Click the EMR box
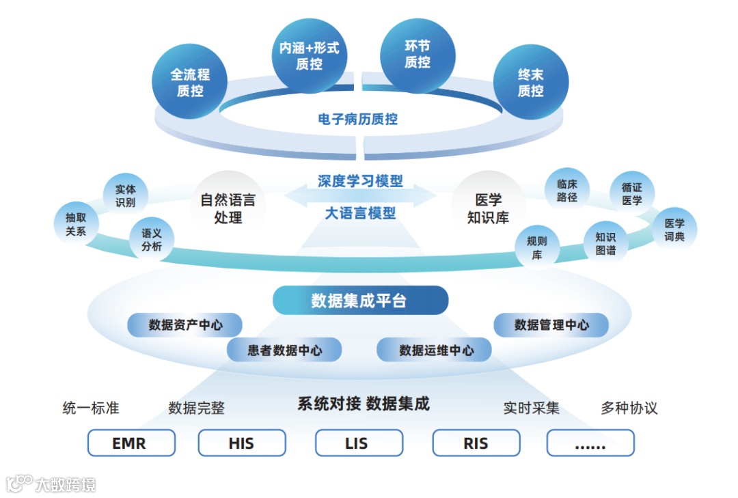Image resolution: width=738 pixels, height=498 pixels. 131,443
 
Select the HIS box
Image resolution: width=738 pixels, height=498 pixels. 242,443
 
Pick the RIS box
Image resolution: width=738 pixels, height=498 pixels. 476,443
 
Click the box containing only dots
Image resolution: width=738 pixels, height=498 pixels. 590,443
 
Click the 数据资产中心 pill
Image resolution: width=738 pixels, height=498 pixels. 185,325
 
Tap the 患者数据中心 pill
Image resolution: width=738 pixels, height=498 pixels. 284,350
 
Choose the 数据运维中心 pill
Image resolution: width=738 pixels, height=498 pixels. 435,350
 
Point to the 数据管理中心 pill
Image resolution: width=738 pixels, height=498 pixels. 551,325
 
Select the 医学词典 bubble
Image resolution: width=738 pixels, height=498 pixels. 674,230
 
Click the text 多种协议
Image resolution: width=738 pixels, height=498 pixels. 629,409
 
